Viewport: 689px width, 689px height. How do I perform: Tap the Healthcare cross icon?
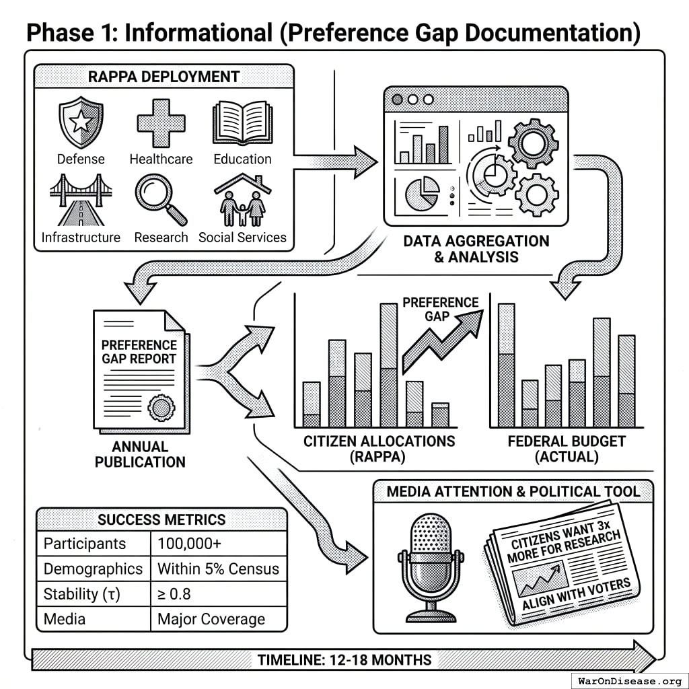click(161, 122)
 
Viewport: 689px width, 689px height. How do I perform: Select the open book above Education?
click(242, 123)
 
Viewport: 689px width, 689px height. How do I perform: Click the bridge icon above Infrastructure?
click(80, 201)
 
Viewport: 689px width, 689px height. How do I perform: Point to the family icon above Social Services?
click(243, 201)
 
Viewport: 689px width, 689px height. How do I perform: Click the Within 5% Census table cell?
click(218, 569)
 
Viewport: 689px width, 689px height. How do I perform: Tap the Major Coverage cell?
click(211, 619)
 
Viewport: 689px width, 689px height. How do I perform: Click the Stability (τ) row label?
click(81, 594)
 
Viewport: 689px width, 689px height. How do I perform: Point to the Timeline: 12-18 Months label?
click(344, 659)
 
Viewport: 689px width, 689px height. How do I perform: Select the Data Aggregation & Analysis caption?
click(476, 248)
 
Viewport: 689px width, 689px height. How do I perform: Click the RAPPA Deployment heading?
click(164, 76)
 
